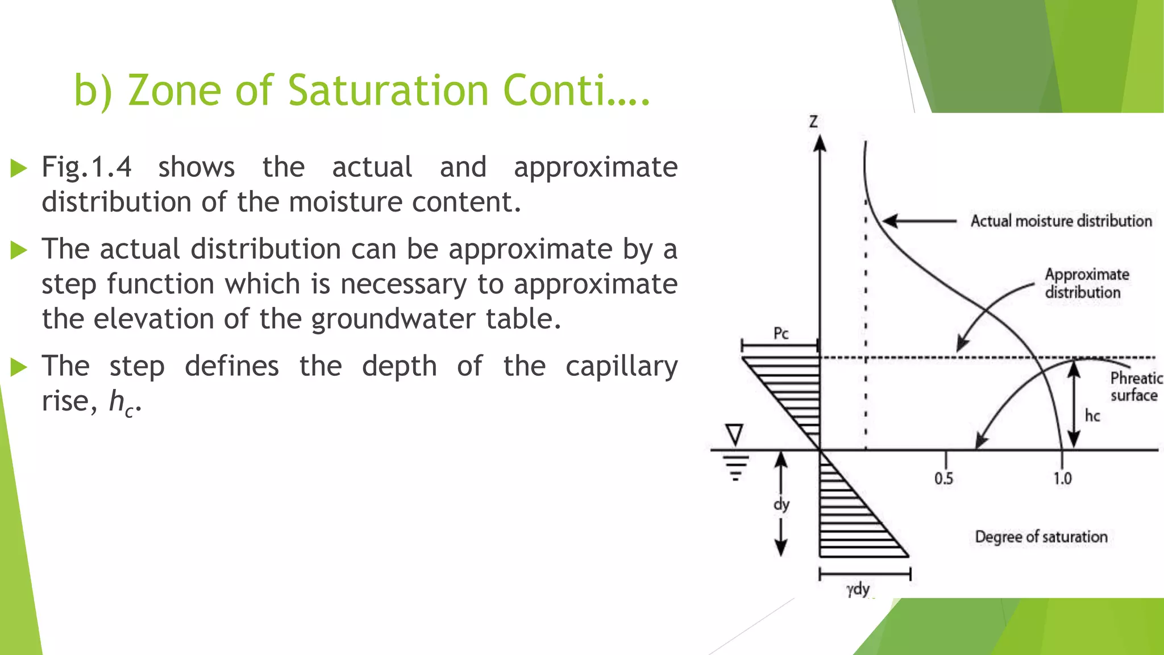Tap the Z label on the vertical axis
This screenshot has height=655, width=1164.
(x=813, y=121)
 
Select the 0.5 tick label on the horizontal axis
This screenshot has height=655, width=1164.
(x=943, y=478)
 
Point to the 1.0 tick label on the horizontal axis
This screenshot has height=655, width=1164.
(x=1062, y=478)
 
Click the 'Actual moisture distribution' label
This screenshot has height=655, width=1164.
(x=1061, y=221)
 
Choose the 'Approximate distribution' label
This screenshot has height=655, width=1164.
(x=1086, y=283)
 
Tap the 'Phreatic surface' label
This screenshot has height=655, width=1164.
(x=1135, y=387)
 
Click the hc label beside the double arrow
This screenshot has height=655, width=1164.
(x=1092, y=416)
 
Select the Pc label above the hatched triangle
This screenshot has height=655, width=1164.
(x=781, y=333)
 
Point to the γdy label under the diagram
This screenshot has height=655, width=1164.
(x=858, y=588)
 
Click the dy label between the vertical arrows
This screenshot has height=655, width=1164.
(x=781, y=504)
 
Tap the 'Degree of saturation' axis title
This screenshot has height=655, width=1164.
(x=1041, y=537)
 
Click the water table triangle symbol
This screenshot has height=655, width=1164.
(x=735, y=434)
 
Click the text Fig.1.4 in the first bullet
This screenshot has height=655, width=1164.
(x=86, y=167)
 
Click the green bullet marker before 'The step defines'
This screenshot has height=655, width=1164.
(x=19, y=367)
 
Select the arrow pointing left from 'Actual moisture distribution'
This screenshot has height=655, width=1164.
(x=920, y=221)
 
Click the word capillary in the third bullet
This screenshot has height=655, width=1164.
(x=621, y=366)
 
